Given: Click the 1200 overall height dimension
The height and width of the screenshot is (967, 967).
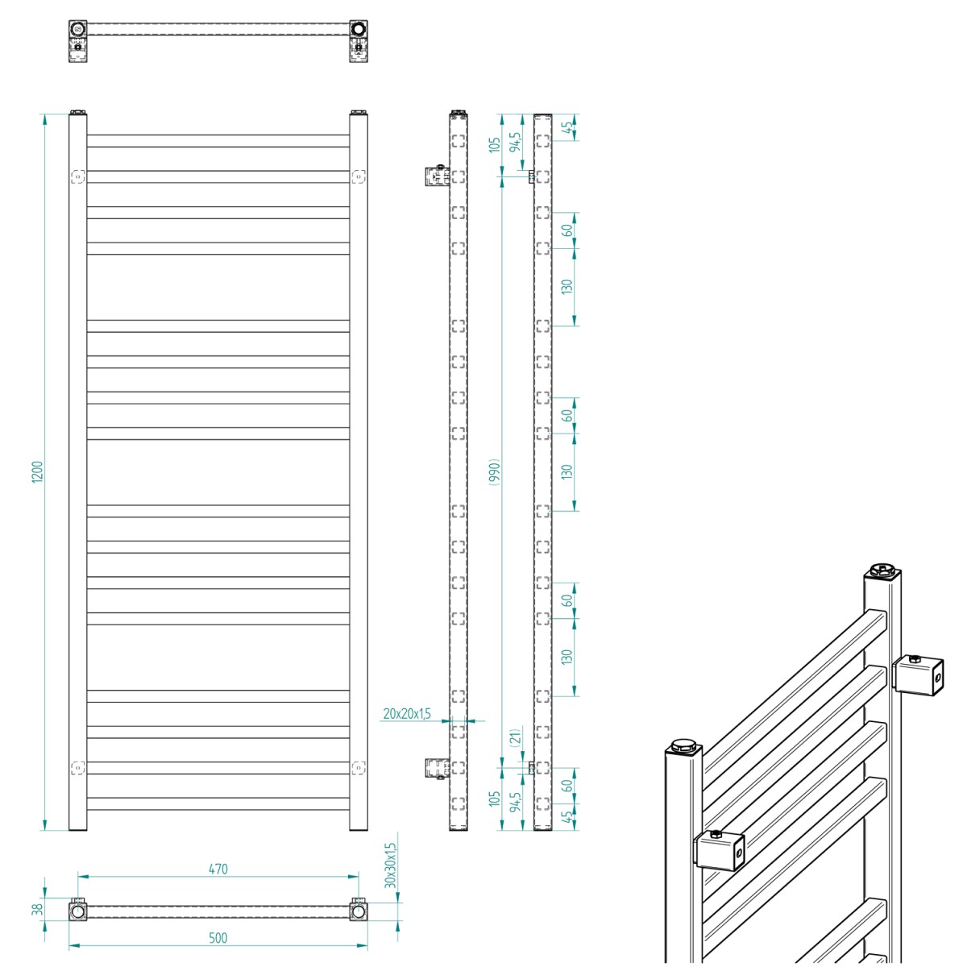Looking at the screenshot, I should click(37, 472).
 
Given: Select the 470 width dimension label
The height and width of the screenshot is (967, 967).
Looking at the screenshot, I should click(218, 869).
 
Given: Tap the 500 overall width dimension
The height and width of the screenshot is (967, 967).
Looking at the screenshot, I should click(218, 938).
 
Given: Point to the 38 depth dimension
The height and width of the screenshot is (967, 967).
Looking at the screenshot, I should click(36, 910).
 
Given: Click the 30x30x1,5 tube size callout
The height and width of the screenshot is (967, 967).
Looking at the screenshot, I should click(391, 865).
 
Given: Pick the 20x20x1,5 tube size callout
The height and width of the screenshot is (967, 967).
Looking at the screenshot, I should click(407, 713).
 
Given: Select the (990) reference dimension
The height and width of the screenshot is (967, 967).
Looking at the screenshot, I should click(494, 472).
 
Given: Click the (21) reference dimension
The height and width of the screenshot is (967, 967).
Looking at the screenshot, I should click(516, 736).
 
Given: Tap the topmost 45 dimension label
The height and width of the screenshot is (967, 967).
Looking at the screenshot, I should click(568, 127).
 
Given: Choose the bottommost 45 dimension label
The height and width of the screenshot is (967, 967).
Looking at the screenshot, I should click(568, 816).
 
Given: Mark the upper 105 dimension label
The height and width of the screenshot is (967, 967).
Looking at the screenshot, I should click(495, 144).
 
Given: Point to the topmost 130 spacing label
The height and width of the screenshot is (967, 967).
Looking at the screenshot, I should click(567, 287).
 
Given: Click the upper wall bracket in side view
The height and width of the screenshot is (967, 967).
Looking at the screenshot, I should click(435, 176).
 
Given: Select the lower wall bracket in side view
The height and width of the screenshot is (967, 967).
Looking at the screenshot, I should click(435, 768).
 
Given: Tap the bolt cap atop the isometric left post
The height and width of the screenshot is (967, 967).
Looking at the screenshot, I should click(683, 745).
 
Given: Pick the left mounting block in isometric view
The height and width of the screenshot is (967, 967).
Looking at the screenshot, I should click(719, 851).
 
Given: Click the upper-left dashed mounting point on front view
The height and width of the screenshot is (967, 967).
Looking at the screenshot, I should click(77, 176).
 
